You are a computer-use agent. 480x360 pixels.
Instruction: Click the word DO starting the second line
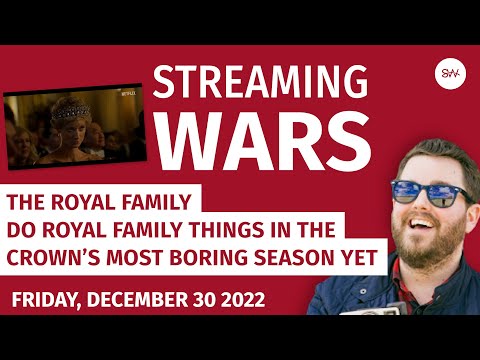pyautogui.click(x=22, y=227)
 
